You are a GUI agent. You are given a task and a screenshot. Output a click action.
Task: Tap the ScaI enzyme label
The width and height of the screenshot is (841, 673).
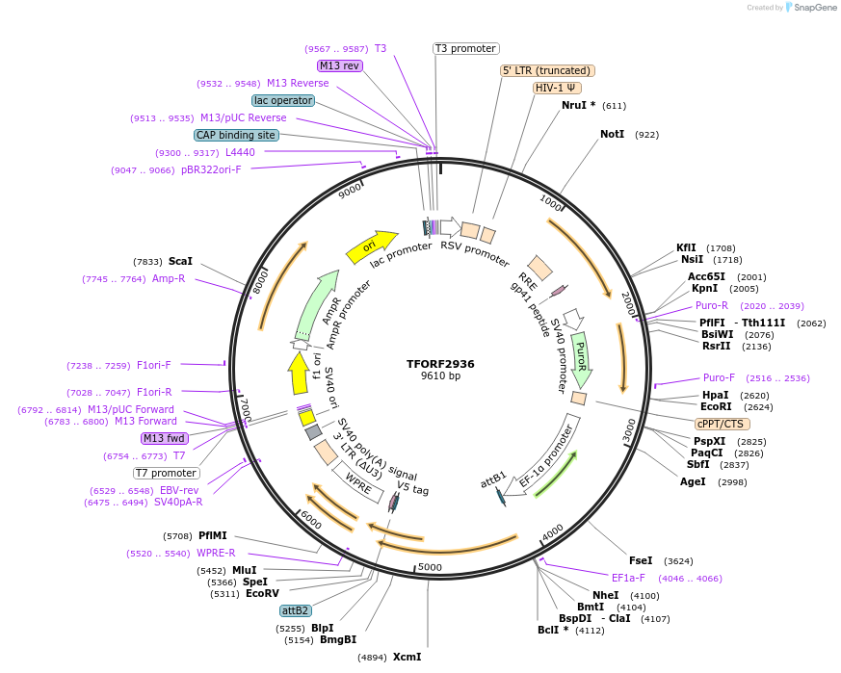point(180,261)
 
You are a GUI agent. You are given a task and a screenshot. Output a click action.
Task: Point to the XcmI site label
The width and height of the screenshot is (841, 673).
point(407,657)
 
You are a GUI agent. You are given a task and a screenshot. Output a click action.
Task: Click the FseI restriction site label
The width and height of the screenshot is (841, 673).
point(641,560)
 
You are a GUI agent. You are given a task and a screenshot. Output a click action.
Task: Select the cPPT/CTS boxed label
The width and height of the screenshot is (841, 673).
point(721,424)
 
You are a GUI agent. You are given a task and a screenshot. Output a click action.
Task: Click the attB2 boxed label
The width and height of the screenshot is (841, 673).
point(296,610)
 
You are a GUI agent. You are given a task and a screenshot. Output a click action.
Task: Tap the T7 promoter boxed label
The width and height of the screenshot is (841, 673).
point(167,473)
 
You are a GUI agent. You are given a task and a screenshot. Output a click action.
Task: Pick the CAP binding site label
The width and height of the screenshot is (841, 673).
point(236,135)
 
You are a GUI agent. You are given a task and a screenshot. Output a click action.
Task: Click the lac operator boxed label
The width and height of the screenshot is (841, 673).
point(283,100)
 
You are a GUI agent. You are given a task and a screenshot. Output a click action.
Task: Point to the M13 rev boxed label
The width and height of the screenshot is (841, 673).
point(339,65)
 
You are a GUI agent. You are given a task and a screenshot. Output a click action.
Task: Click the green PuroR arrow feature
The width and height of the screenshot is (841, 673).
point(581,355)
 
